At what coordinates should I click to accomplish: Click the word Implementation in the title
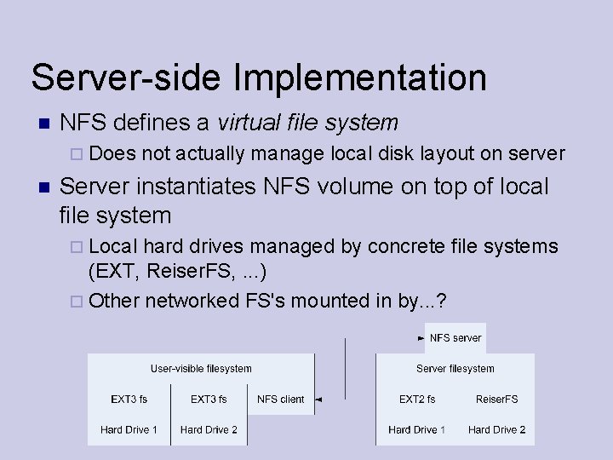(x=360, y=78)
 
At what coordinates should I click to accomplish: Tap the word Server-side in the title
(x=128, y=78)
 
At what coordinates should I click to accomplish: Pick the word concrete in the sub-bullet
(x=406, y=247)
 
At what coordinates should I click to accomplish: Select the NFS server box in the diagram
(x=455, y=338)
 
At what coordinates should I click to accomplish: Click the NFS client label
(x=280, y=399)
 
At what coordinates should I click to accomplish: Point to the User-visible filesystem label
(x=201, y=369)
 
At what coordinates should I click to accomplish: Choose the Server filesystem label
(x=455, y=369)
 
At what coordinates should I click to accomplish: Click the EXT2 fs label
(x=417, y=399)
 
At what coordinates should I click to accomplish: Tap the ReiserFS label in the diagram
(x=496, y=399)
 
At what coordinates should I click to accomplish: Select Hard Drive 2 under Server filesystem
(x=496, y=429)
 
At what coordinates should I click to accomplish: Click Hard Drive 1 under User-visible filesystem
(x=129, y=429)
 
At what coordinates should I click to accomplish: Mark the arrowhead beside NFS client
(x=317, y=399)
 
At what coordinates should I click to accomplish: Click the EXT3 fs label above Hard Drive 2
(x=209, y=399)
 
